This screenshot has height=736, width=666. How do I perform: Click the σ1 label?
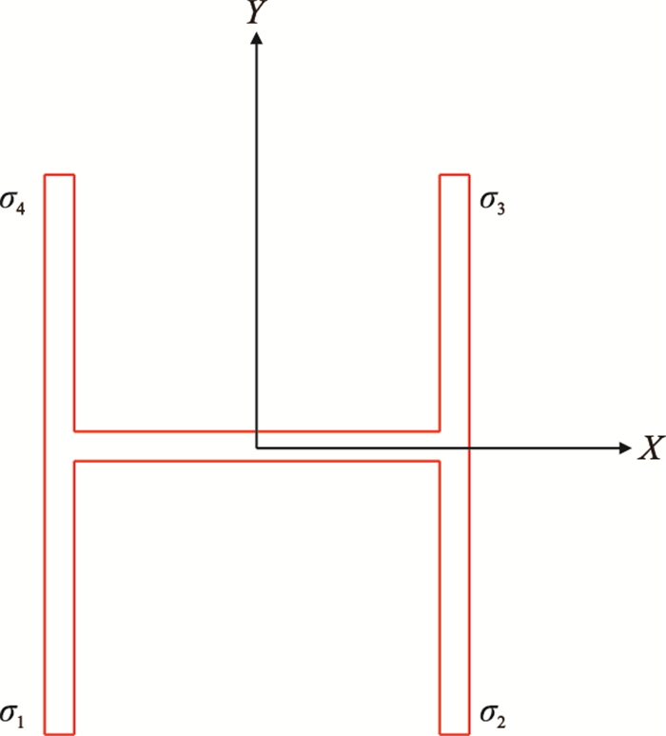[x=14, y=713]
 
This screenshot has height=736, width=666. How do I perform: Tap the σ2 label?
[x=492, y=713]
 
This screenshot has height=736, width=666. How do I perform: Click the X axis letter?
[x=650, y=449]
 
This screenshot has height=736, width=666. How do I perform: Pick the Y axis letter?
[x=255, y=12]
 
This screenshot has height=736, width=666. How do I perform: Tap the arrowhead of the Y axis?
[x=255, y=37]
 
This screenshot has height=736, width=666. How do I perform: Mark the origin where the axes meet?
[x=255, y=448]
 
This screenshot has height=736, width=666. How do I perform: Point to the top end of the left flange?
[x=59, y=175]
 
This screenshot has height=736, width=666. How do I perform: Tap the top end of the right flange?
[x=455, y=175]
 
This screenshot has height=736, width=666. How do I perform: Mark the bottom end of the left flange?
[x=59, y=733]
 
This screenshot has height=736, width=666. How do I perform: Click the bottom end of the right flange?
[x=455, y=733]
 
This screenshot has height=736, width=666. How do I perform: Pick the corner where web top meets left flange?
[x=73, y=431]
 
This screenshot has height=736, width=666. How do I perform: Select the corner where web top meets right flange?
[x=440, y=431]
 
